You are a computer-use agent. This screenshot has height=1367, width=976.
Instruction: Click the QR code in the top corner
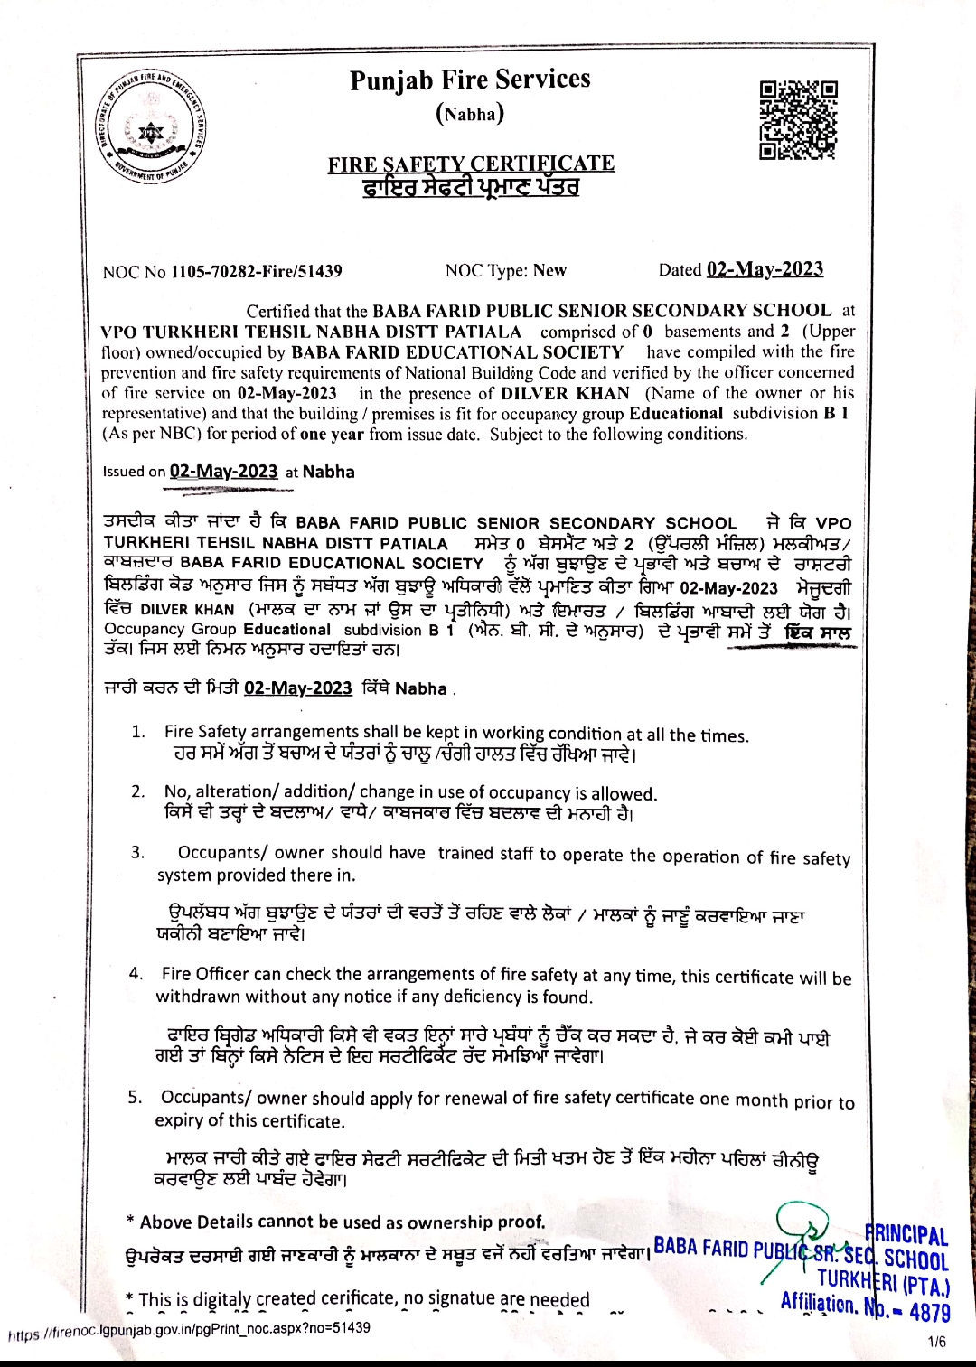pos(798,119)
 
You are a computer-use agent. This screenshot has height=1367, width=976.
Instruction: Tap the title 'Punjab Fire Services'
pos(470,80)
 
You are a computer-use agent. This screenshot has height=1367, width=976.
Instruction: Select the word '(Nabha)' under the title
pos(470,114)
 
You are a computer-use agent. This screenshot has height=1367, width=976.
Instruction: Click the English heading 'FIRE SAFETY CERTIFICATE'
pos(471,164)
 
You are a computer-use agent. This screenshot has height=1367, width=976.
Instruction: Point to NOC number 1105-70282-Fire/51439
pos(256,271)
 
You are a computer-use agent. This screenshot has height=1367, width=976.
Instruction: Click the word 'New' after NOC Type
pos(549,270)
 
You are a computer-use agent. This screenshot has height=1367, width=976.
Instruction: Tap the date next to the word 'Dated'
pos(765,269)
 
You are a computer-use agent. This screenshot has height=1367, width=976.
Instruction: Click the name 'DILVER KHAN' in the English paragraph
pos(565,393)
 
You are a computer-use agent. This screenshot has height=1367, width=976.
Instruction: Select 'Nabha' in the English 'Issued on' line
pos(328,472)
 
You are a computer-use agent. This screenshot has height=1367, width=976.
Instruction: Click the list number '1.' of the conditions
pos(138,731)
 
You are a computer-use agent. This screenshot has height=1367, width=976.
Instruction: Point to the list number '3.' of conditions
pos(137,852)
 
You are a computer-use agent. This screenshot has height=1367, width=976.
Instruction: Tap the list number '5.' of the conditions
pos(136,1097)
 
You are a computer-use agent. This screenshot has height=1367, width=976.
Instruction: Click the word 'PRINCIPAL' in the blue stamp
pos(907,1235)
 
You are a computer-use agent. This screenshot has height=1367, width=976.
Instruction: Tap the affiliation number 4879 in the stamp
pos(929,1312)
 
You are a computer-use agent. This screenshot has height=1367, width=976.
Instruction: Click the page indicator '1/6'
pos(937,1342)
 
